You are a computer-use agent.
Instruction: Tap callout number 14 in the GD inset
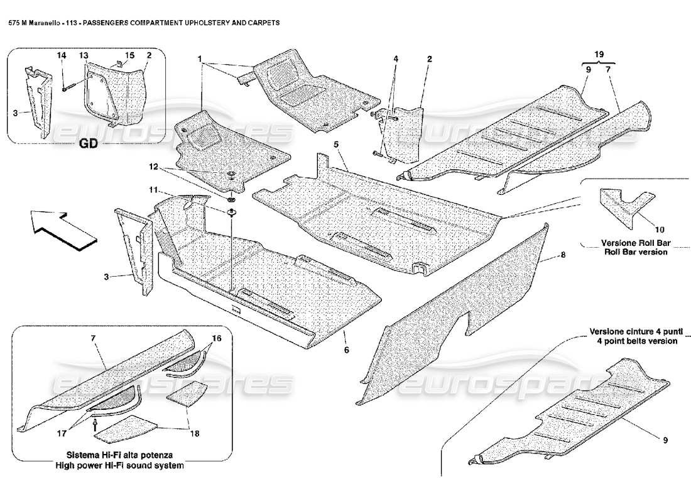coord(62,56)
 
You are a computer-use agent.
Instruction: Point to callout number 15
coord(129,56)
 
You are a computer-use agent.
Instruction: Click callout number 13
coord(83,56)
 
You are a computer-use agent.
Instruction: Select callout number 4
coord(396,59)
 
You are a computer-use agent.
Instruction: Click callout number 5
coord(337,145)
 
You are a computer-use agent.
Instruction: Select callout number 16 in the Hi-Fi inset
coord(216,338)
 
